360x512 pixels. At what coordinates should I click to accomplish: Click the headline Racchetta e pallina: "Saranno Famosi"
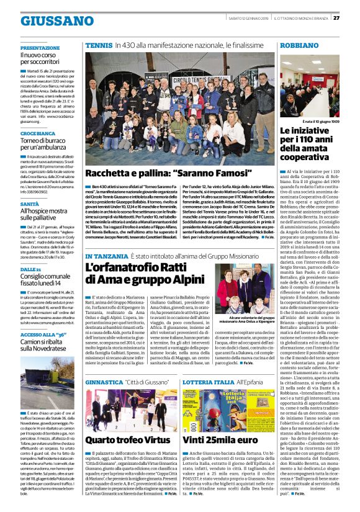(x=159, y=172)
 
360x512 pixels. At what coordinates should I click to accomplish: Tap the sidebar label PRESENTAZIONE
(x=40, y=48)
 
